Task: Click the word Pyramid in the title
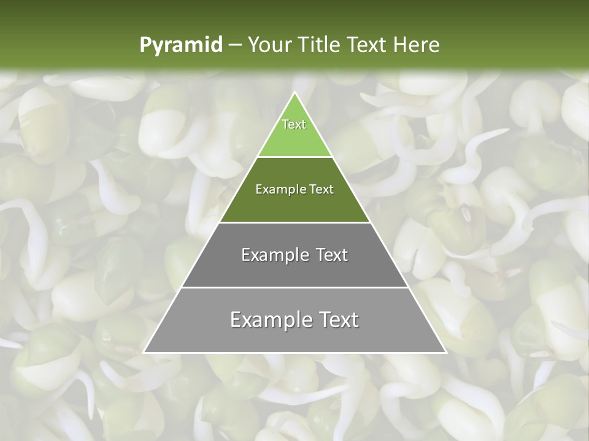181,45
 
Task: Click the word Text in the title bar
368,45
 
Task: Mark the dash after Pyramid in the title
235,45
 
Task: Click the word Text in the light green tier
294,124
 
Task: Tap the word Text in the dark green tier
322,189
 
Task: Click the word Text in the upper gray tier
332,255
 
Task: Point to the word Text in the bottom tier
337,320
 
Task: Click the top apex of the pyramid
294,92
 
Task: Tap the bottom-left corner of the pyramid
144,352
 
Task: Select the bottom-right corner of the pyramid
445,352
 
